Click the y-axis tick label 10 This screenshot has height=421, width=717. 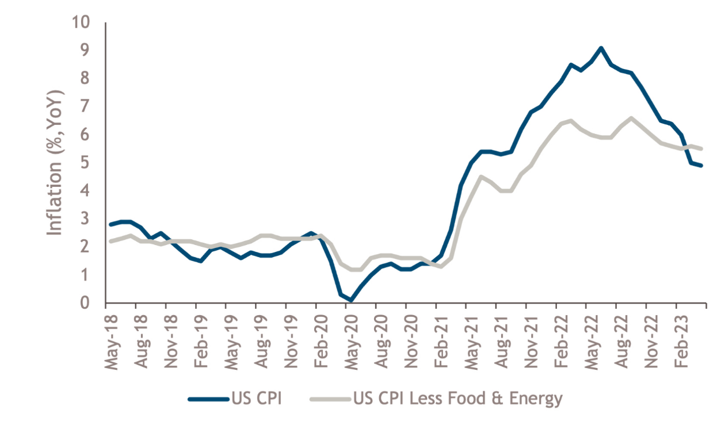pyautogui.click(x=81, y=23)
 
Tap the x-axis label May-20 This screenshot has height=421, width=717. pyautogui.click(x=348, y=339)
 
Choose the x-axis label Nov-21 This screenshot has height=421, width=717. pyautogui.click(x=528, y=339)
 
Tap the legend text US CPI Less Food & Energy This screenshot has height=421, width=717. pyautogui.click(x=457, y=398)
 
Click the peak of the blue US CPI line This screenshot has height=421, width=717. pyautogui.click(x=601, y=48)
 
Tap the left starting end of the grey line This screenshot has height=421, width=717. pyautogui.click(x=110, y=242)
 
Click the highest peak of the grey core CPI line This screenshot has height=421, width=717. pyautogui.click(x=631, y=118)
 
